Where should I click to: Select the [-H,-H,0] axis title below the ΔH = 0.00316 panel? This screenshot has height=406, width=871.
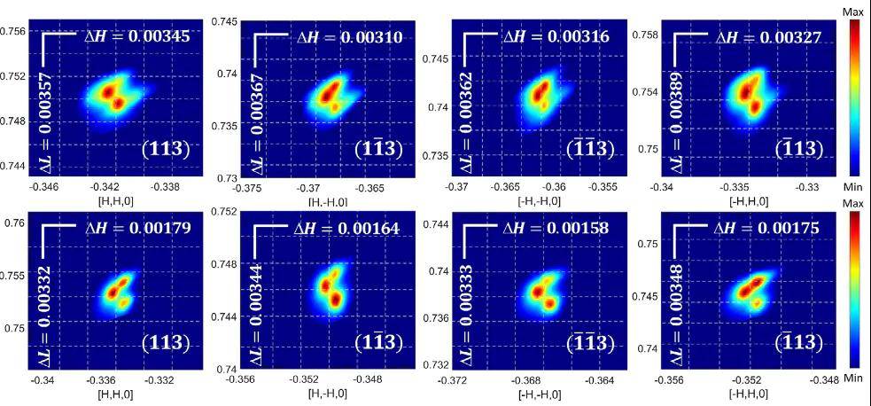point(540,202)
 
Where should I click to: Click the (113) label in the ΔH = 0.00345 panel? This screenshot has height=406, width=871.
point(166,149)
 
